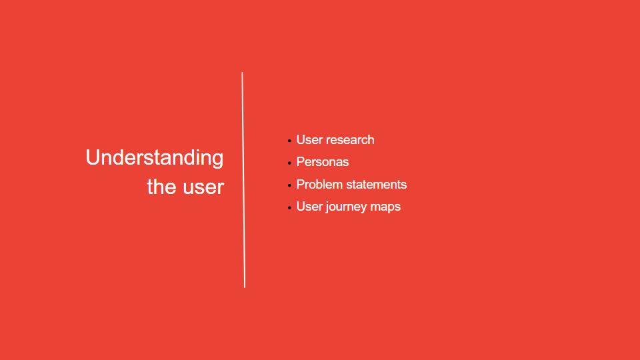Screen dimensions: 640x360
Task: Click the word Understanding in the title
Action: (155, 158)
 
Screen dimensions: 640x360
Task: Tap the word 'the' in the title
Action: (161, 187)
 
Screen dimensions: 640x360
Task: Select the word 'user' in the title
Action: (203, 187)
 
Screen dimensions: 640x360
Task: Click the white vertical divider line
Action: (243, 180)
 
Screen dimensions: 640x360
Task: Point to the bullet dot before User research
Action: (289, 141)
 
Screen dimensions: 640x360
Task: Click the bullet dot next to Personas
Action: (289, 163)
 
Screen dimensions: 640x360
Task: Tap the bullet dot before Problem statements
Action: (289, 185)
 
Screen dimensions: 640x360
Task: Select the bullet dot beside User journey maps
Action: (289, 208)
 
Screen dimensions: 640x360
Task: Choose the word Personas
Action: (323, 162)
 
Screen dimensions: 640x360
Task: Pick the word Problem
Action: (319, 185)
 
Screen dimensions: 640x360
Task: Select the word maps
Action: (386, 207)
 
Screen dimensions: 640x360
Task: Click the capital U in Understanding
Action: (93, 157)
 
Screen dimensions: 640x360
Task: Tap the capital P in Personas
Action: (301, 162)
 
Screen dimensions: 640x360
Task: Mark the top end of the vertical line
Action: (242, 73)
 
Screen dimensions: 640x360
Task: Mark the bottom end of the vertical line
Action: (245, 287)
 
